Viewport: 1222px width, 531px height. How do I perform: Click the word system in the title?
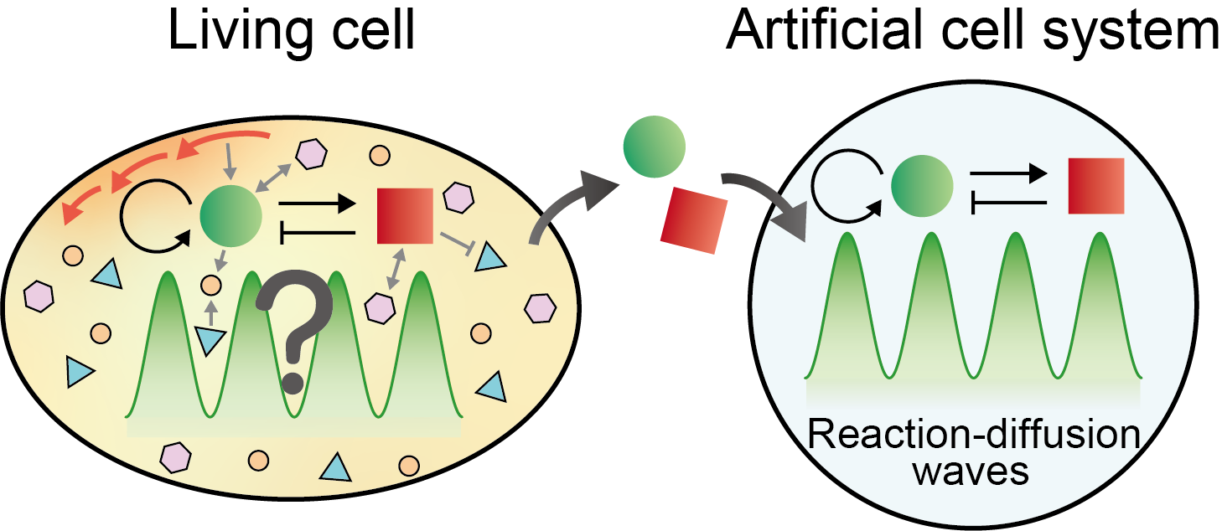click(x=1130, y=33)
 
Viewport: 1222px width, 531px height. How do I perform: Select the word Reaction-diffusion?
click(x=974, y=435)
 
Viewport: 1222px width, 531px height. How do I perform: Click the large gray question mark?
click(x=295, y=331)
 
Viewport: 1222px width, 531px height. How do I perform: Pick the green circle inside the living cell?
click(x=231, y=216)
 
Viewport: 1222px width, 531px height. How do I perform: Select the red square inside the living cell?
click(x=406, y=216)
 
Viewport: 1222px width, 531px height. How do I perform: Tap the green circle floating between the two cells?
click(x=654, y=147)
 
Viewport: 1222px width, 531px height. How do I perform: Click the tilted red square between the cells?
click(x=694, y=220)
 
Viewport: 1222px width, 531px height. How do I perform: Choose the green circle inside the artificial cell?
click(x=922, y=186)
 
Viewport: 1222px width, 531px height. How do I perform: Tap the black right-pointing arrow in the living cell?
click(x=317, y=204)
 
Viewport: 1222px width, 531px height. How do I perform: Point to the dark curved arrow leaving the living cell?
click(x=566, y=206)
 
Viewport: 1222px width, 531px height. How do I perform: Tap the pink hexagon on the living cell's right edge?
click(x=540, y=308)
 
